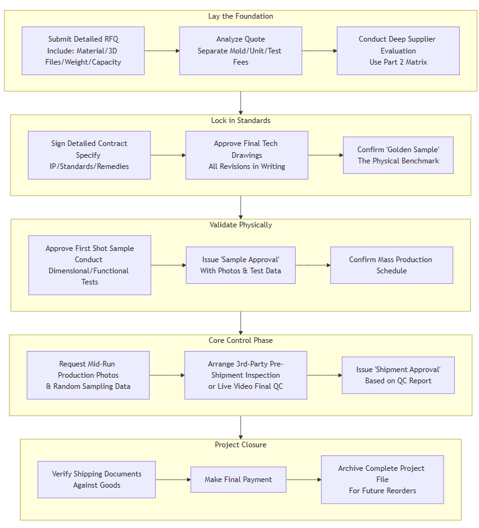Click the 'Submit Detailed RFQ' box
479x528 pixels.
[83, 51]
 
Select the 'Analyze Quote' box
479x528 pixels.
[240, 51]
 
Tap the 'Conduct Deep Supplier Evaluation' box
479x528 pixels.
[398, 51]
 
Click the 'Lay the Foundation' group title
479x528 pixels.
[240, 16]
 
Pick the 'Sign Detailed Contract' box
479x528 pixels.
[89, 155]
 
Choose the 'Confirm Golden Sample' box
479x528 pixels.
[398, 155]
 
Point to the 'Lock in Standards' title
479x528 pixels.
[240, 121]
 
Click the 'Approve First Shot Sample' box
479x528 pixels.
[89, 265]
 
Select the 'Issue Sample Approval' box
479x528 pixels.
[240, 265]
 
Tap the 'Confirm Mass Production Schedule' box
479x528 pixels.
[391, 265]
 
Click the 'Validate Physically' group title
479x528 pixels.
[240, 225]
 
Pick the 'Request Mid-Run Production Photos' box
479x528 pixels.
[88, 375]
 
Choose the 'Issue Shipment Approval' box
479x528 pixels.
[398, 375]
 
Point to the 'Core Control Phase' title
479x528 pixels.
[240, 340]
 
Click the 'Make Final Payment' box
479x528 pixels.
[239, 480]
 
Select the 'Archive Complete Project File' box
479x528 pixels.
[382, 480]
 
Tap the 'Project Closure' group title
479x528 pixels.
[240, 445]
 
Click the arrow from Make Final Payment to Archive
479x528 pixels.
[303, 480]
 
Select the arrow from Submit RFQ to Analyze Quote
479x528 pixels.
[162, 51]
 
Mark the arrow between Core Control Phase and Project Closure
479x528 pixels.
[240, 427]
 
